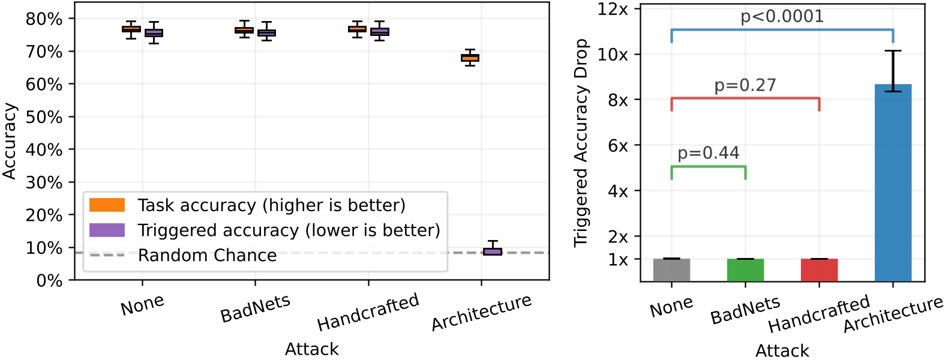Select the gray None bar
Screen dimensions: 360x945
671,270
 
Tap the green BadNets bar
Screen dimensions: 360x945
745,270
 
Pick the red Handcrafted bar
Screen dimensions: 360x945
819,270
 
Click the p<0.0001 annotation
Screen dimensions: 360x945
782,16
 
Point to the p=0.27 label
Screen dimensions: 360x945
745,85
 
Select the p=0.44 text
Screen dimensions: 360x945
708,153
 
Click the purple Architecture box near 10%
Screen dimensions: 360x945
493,251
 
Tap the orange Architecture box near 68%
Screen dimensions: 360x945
470,58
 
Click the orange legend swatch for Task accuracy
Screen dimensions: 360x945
107,205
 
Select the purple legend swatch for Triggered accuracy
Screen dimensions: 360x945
107,230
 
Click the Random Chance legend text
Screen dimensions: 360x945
207,256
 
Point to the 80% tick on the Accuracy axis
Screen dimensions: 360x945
44,19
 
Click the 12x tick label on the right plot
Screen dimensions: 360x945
613,9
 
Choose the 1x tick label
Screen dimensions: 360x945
618,260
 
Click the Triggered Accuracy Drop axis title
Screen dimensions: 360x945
580,143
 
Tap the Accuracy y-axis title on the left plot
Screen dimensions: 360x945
9,141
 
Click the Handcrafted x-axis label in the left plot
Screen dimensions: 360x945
368,312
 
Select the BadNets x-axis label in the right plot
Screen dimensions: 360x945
745,310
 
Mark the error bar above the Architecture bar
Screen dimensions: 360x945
893,71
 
